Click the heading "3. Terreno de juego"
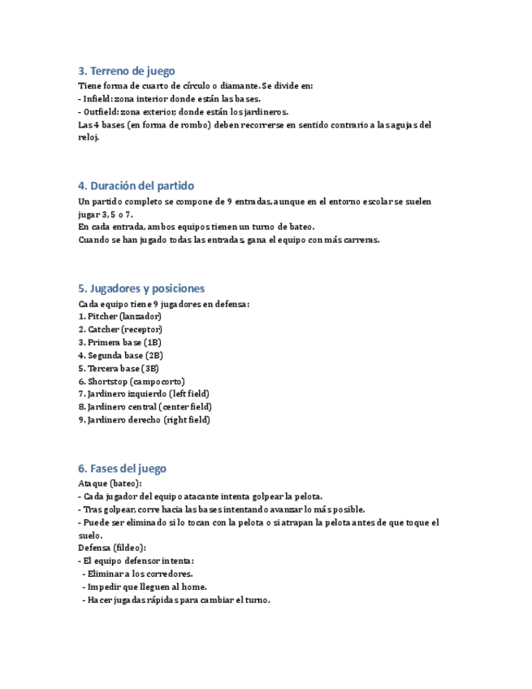[x=126, y=71]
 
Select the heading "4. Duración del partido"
[x=136, y=185]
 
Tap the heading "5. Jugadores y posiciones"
[x=141, y=288]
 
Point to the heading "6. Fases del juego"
[x=122, y=469]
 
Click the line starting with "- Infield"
[x=169, y=98]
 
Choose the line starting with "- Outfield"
[x=183, y=111]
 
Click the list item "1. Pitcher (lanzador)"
[x=119, y=316]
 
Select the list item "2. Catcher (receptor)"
[x=120, y=329]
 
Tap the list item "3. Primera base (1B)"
[x=120, y=342]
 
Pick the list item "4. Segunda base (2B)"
[x=121, y=355]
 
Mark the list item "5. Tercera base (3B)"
[x=119, y=368]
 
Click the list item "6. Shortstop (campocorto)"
[x=132, y=381]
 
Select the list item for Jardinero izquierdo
[x=144, y=394]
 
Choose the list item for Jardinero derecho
[x=144, y=420]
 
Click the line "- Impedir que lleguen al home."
[x=145, y=587]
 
